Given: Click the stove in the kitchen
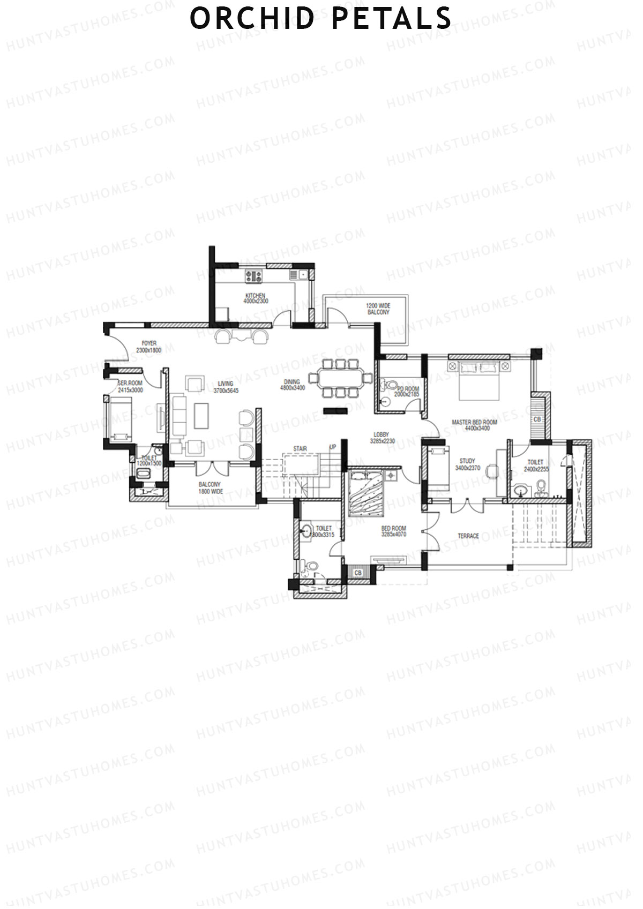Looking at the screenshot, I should pos(253,276).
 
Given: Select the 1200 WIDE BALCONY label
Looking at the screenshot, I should pos(378,309).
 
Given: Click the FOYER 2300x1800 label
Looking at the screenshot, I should pos(148,347).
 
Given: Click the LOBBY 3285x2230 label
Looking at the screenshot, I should pos(382,438).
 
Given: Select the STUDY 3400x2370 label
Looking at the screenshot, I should pos(467,464).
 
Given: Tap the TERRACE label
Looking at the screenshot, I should pos(468,536).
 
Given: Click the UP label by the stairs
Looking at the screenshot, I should pos(333,447).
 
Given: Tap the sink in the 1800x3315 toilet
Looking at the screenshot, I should pos(306,532).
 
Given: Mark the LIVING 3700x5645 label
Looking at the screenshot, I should pos(226,387).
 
